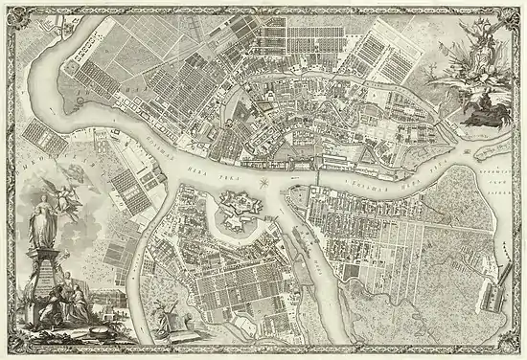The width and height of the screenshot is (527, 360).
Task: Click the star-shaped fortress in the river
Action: pos(234,206)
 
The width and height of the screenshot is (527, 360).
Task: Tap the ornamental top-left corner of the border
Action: pos(8,8)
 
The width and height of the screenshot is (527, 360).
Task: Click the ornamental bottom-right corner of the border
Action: pos(518,351)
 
